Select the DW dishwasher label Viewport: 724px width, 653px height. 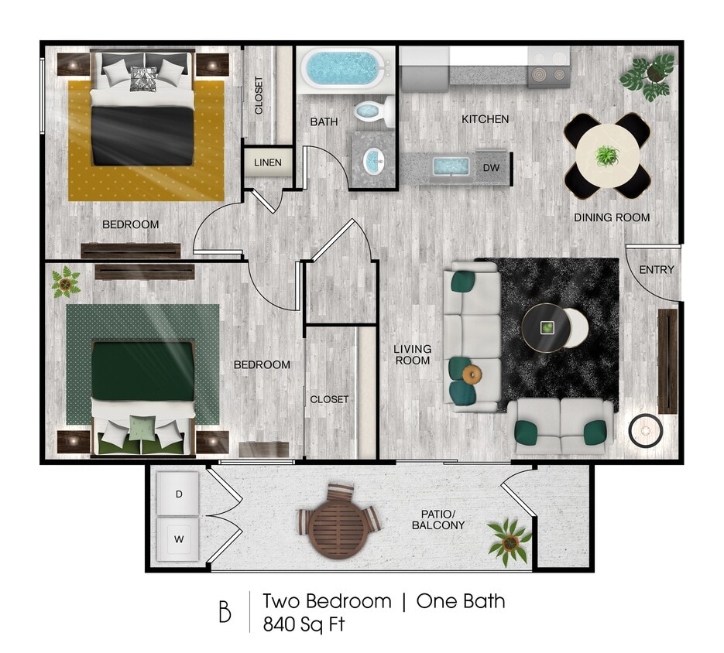491,167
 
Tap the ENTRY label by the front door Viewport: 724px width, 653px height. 657,269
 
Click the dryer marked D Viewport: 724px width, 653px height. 178,494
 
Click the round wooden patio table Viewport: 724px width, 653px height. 338,523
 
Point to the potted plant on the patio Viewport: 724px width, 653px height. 510,542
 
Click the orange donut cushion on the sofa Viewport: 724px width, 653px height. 472,375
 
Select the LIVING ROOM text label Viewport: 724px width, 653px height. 412,354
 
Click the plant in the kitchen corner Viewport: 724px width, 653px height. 647,76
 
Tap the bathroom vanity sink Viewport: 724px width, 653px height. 373,160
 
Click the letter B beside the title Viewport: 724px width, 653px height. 225,611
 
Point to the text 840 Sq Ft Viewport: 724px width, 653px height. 303,624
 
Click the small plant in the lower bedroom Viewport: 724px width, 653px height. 66,282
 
